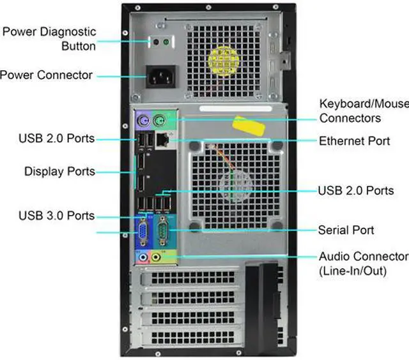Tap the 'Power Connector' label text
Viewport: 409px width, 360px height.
click(47, 75)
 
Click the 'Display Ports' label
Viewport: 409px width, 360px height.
click(59, 171)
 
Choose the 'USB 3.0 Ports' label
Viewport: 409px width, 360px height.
click(56, 216)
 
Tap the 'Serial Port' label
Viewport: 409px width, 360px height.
click(346, 230)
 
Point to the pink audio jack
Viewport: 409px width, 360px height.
click(143, 257)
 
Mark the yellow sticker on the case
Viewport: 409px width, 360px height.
click(249, 125)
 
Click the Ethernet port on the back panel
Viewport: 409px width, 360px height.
click(163, 139)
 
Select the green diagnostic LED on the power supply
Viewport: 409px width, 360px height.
click(166, 43)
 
